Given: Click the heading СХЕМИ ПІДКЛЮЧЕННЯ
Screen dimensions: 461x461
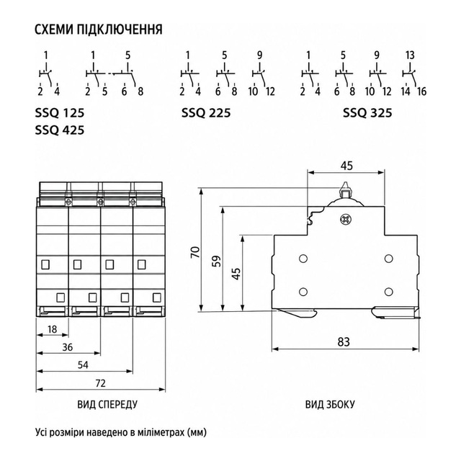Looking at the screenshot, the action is coord(99,30).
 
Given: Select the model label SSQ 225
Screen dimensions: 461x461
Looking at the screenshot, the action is coord(206,113).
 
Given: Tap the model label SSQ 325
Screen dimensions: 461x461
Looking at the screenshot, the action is coord(367,113).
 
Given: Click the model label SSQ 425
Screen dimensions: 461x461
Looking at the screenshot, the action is coord(60,130).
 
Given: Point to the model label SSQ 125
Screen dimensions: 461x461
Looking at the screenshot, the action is coord(60,113).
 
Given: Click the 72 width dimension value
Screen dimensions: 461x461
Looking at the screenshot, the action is coord(100,383).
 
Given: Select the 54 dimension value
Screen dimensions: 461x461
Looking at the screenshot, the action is coord(83,365).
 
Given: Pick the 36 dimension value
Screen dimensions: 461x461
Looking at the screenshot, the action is coord(67,347).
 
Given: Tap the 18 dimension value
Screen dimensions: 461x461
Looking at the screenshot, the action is coord(52,329).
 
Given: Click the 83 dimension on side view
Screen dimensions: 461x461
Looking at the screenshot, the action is coord(344,341).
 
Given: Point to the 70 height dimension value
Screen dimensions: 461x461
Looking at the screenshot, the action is coord(195,252).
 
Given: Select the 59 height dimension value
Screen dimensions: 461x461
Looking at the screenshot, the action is coord(217,261).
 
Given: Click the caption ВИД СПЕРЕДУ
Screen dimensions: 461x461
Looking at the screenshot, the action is coord(107,405).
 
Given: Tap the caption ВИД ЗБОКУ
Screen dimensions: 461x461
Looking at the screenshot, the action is coord(330,405).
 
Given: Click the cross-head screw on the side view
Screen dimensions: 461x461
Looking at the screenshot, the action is coord(344,219).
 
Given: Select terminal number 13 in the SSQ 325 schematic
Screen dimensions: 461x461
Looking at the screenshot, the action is coord(410,55).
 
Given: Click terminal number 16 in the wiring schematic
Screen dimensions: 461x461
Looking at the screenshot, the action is coord(421,91).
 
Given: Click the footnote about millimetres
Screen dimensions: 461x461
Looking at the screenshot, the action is coord(121,433).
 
